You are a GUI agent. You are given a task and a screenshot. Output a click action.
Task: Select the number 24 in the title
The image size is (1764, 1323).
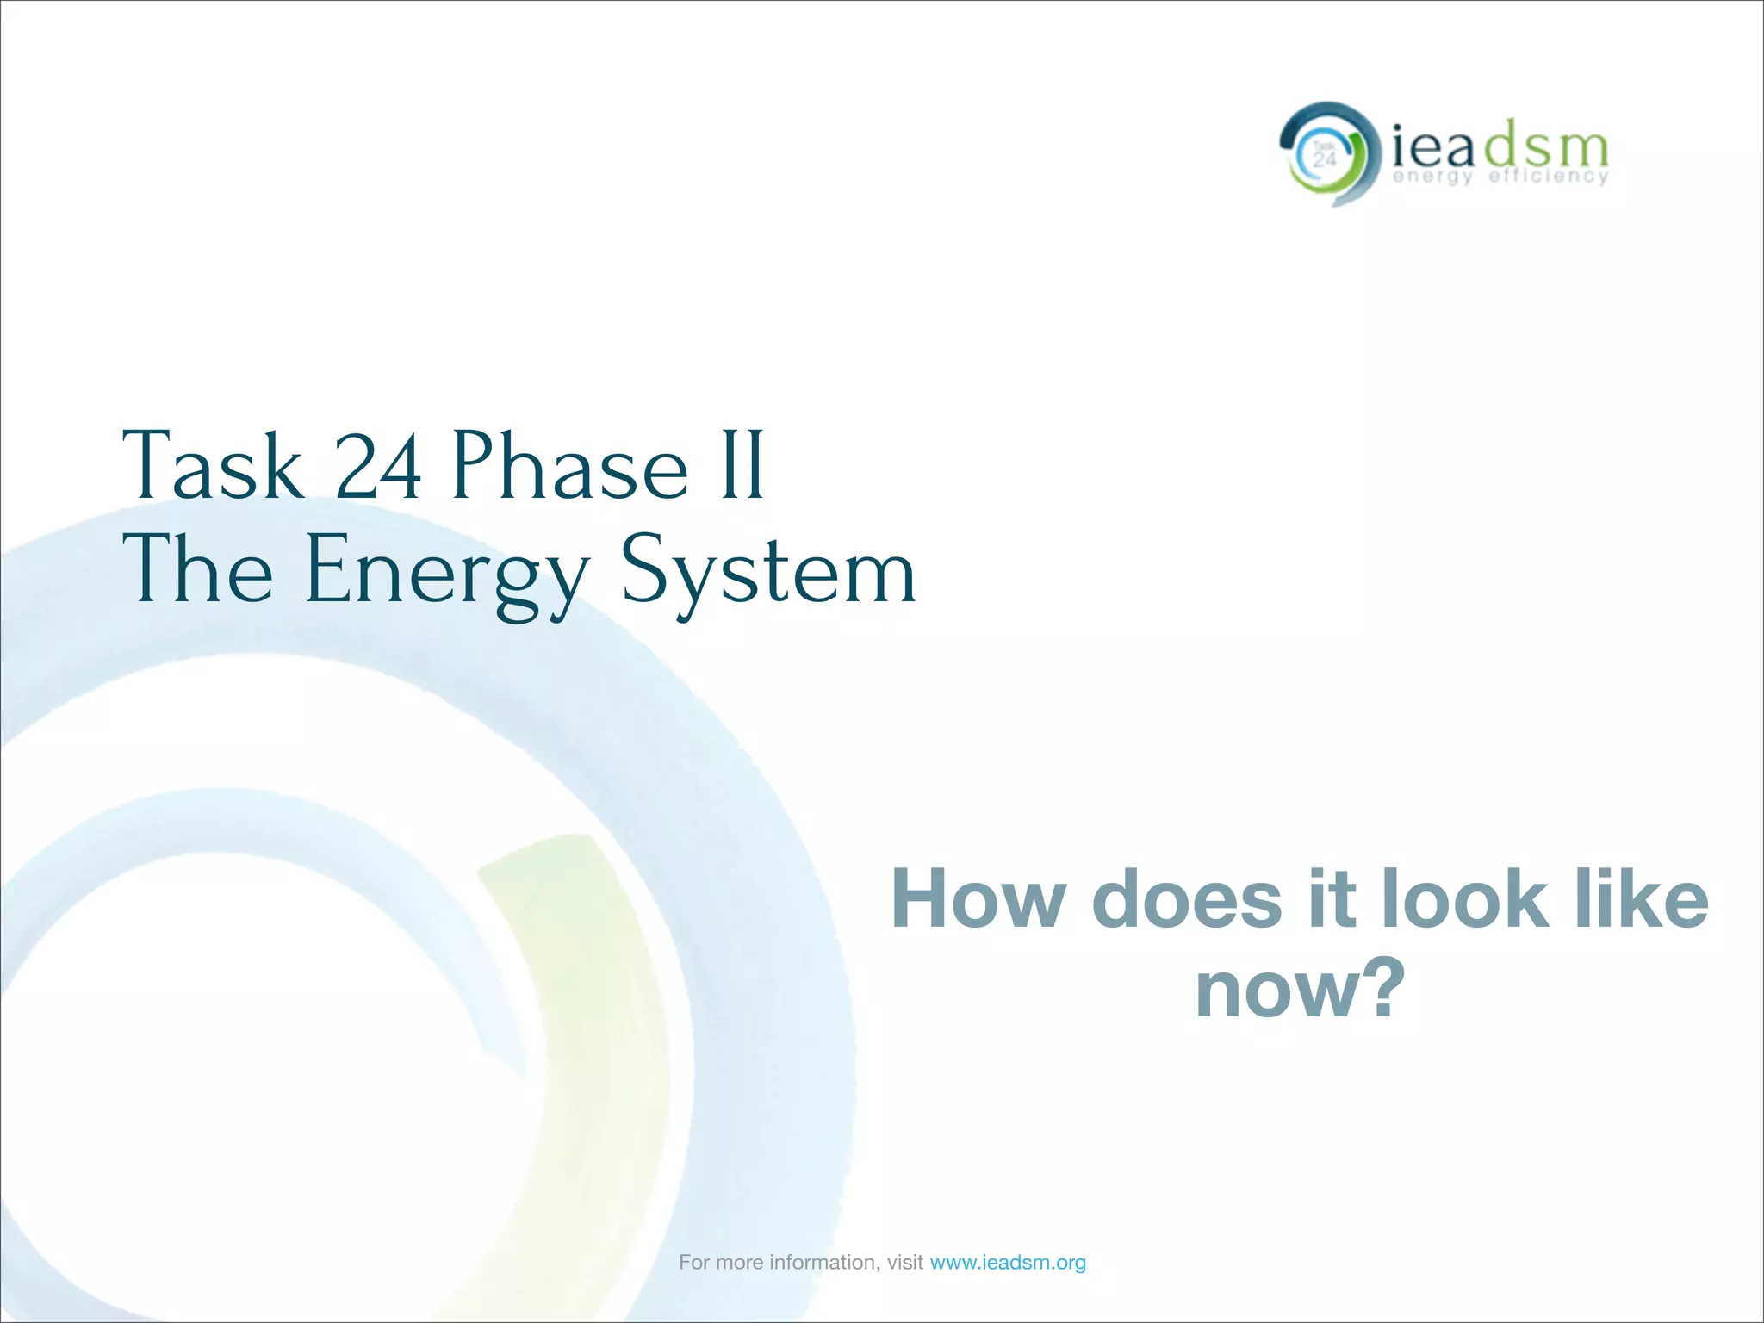tap(377, 466)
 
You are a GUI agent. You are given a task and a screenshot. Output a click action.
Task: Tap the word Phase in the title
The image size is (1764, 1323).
tap(570, 466)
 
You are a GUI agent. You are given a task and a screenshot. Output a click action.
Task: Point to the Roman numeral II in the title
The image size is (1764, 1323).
tap(742, 466)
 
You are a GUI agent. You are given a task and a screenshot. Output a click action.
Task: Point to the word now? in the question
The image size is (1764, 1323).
tap(1300, 991)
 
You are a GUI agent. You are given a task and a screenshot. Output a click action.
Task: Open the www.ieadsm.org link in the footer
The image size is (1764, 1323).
tap(1008, 1263)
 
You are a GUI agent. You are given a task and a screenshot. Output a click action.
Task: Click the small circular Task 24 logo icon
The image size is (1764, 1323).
tap(1324, 155)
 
